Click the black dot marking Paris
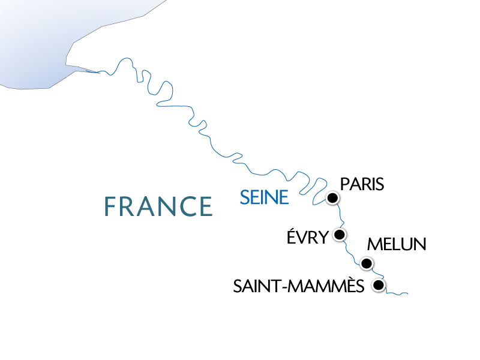tap(332, 198)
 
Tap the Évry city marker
tap(340, 234)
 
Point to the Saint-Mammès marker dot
tap(378, 286)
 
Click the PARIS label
tap(361, 184)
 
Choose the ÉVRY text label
tap(308, 237)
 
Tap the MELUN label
tap(396, 245)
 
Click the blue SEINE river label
tap(264, 197)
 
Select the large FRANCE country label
tap(158, 206)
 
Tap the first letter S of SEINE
tap(244, 197)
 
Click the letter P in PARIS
tap(344, 184)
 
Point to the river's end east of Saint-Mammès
tap(407, 293)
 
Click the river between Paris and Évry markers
tap(340, 215)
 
